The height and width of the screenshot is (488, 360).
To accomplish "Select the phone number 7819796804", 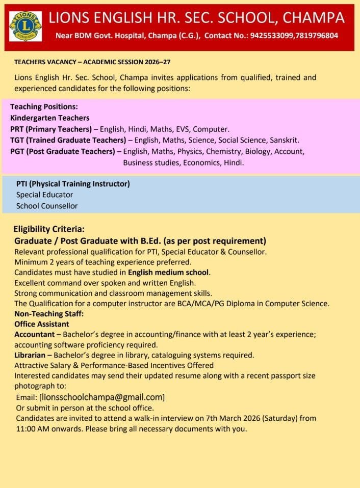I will [x=318, y=36].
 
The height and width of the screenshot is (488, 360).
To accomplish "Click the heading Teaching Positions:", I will [x=44, y=107].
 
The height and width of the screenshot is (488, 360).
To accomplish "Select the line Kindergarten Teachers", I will [x=49, y=118].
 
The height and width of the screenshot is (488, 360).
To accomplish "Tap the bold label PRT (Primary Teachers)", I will [x=51, y=129].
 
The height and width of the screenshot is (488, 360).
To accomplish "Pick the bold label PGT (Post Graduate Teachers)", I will [x=63, y=151].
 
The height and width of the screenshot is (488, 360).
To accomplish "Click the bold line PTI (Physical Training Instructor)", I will [x=73, y=184].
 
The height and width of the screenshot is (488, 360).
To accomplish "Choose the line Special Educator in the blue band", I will [x=44, y=195].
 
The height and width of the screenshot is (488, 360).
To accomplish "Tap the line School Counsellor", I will [x=47, y=206].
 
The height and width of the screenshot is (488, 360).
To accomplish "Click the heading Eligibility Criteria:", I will [x=49, y=229].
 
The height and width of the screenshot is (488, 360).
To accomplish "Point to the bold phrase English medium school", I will [x=169, y=273].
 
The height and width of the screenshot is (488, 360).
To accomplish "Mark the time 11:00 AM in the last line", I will [x=32, y=428].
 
